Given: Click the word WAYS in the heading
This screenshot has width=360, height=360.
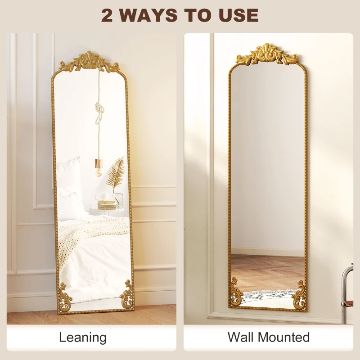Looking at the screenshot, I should click(148, 15).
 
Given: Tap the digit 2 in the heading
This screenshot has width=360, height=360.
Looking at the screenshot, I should click(107, 15).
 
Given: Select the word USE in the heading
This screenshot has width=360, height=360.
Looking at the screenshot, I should click(238, 15).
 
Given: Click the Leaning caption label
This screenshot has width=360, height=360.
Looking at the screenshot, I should click(83, 337).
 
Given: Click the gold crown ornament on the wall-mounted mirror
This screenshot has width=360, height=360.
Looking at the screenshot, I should click(267, 54).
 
